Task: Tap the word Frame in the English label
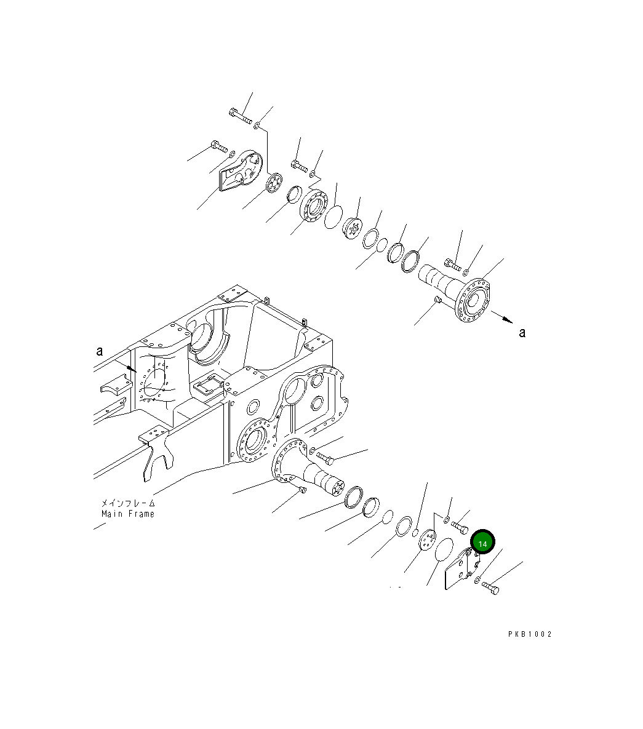142,514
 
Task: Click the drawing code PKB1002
530,634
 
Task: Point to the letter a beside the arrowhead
522,333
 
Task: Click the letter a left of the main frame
99,351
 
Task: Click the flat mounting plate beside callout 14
459,570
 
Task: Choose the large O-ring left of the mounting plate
443,550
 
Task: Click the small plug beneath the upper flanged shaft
438,299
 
